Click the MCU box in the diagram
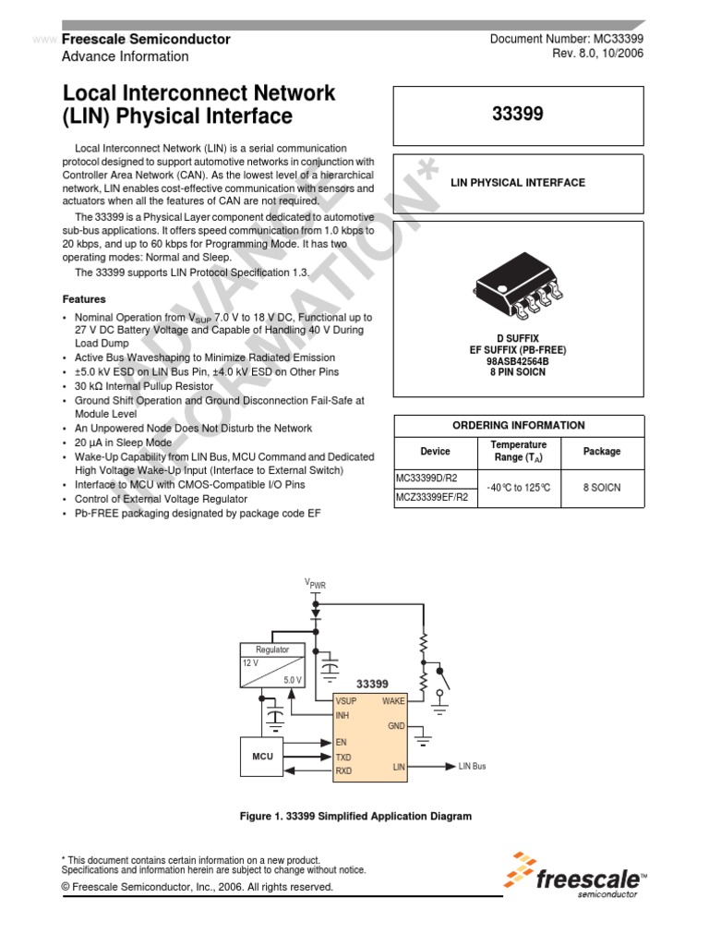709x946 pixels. point(264,757)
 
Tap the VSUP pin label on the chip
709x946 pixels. point(346,701)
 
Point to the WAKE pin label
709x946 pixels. point(393,701)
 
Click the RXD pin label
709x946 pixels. point(343,770)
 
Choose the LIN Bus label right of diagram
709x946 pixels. point(472,767)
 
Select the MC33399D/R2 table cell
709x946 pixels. point(433,479)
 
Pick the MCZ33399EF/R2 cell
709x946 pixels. point(433,496)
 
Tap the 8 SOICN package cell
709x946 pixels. point(602,487)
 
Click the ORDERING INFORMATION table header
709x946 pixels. point(518,425)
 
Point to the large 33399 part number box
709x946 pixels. point(518,115)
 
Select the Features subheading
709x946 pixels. point(84,299)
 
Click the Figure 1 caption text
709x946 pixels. point(355,817)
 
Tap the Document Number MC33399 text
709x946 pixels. point(566,39)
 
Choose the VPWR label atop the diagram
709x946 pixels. point(315,584)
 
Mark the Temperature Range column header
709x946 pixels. point(518,451)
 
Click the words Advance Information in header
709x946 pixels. point(125,56)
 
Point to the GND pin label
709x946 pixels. point(396,726)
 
